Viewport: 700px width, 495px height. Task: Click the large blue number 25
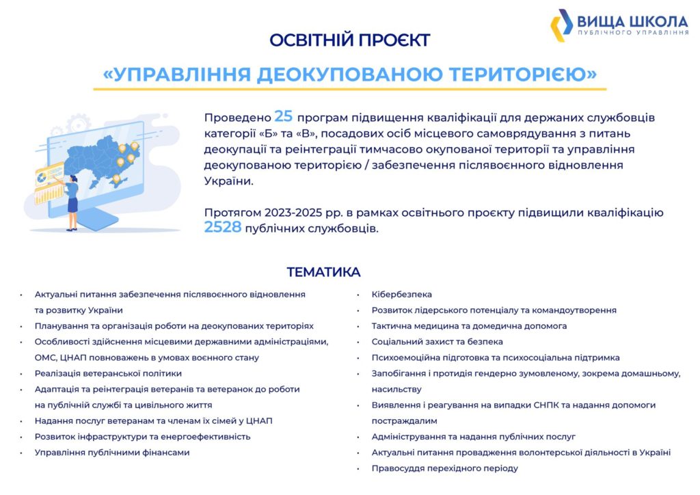(x=284, y=116)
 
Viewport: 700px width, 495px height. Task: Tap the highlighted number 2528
(x=223, y=227)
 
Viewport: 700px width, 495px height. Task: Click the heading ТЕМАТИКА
(x=323, y=272)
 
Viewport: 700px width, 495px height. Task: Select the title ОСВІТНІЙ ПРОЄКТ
(x=349, y=40)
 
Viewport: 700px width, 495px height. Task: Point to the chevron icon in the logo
(x=561, y=25)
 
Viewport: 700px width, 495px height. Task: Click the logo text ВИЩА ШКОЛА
(x=632, y=21)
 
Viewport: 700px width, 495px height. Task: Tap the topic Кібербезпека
(x=402, y=295)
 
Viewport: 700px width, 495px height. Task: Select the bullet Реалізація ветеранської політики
(x=108, y=373)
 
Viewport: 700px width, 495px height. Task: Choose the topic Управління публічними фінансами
(x=112, y=453)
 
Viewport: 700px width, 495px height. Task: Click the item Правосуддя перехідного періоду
(x=444, y=468)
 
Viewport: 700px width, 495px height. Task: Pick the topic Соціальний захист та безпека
(x=437, y=342)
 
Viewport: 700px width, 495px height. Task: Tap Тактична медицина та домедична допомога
(x=469, y=326)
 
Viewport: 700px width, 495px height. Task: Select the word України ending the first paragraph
(x=228, y=180)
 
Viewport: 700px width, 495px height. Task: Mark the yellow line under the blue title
(x=349, y=90)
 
